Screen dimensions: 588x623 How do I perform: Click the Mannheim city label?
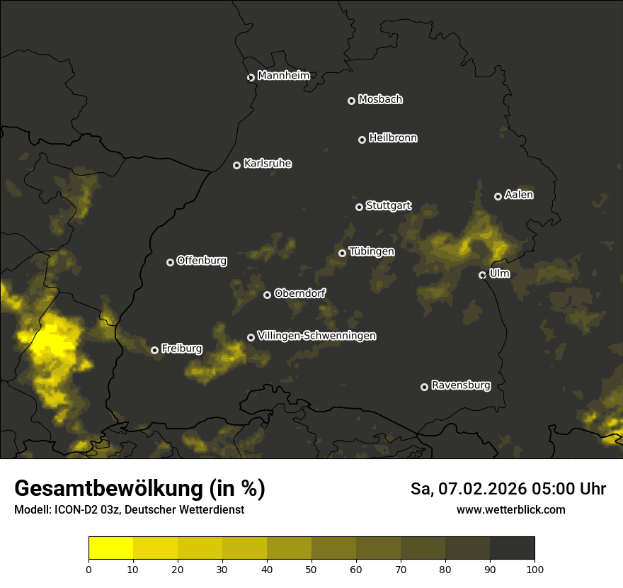pyautogui.click(x=283, y=76)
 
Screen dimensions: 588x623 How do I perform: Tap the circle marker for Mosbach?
pyautogui.click(x=351, y=101)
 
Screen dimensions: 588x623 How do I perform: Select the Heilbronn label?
pyautogui.click(x=393, y=138)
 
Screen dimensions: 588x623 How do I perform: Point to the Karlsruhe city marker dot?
pyautogui.click(x=236, y=165)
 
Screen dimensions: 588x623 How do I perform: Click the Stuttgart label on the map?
pyautogui.click(x=388, y=206)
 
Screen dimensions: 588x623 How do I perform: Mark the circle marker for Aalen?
pyautogui.click(x=498, y=196)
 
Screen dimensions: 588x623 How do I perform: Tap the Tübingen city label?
pyautogui.click(x=372, y=251)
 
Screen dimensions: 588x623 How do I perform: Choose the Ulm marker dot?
pyautogui.click(x=482, y=275)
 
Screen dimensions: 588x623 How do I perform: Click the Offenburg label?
pyautogui.click(x=202, y=261)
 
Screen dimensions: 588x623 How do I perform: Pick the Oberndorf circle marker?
pyautogui.click(x=267, y=295)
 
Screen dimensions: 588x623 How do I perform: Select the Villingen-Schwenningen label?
pyautogui.click(x=316, y=336)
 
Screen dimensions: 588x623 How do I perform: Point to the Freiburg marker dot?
pyautogui.click(x=154, y=350)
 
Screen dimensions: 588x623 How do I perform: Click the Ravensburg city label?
pyautogui.click(x=460, y=385)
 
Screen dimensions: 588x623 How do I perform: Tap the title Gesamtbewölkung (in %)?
pyautogui.click(x=139, y=488)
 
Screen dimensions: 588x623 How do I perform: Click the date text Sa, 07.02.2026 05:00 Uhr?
pyautogui.click(x=508, y=489)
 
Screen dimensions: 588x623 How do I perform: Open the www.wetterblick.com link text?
pyautogui.click(x=510, y=509)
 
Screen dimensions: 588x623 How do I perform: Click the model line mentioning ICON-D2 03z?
pyautogui.click(x=129, y=510)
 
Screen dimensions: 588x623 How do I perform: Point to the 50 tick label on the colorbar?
pyautogui.click(x=311, y=569)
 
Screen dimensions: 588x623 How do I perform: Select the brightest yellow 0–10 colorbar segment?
pyautogui.click(x=111, y=548)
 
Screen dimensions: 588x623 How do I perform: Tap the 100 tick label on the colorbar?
pyautogui.click(x=535, y=569)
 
